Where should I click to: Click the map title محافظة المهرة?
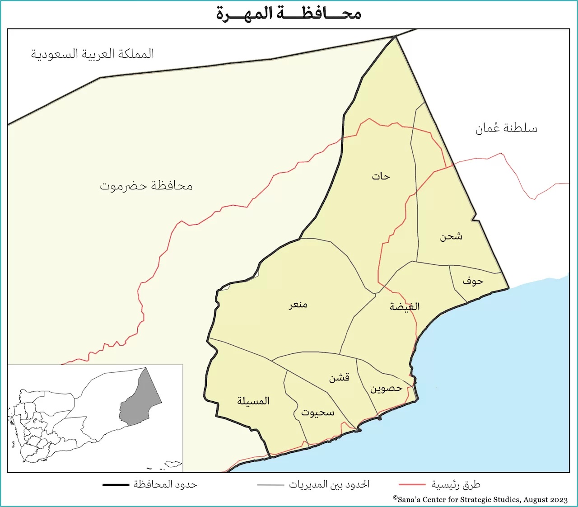pos(289,14)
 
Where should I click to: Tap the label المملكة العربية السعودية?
pos(93,54)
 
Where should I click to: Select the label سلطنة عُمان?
pos(506,128)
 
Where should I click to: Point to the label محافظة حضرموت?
pos(146,186)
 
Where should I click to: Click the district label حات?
pos(381,177)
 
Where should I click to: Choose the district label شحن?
pos(451,236)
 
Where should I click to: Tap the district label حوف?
pos(473,282)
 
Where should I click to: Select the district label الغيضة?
pos(405,307)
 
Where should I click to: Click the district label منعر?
pos(298,305)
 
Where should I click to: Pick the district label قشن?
pos(339,378)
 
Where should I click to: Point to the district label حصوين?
pos(386,389)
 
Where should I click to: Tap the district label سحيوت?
pos(318,413)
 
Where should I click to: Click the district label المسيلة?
pos(253,401)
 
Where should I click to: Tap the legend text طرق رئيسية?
pos(456,485)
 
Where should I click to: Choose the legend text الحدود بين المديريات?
pos(329,485)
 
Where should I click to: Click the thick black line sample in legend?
pos(116,485)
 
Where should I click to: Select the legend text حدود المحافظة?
pos(165,485)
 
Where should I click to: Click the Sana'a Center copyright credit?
pos(480,499)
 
